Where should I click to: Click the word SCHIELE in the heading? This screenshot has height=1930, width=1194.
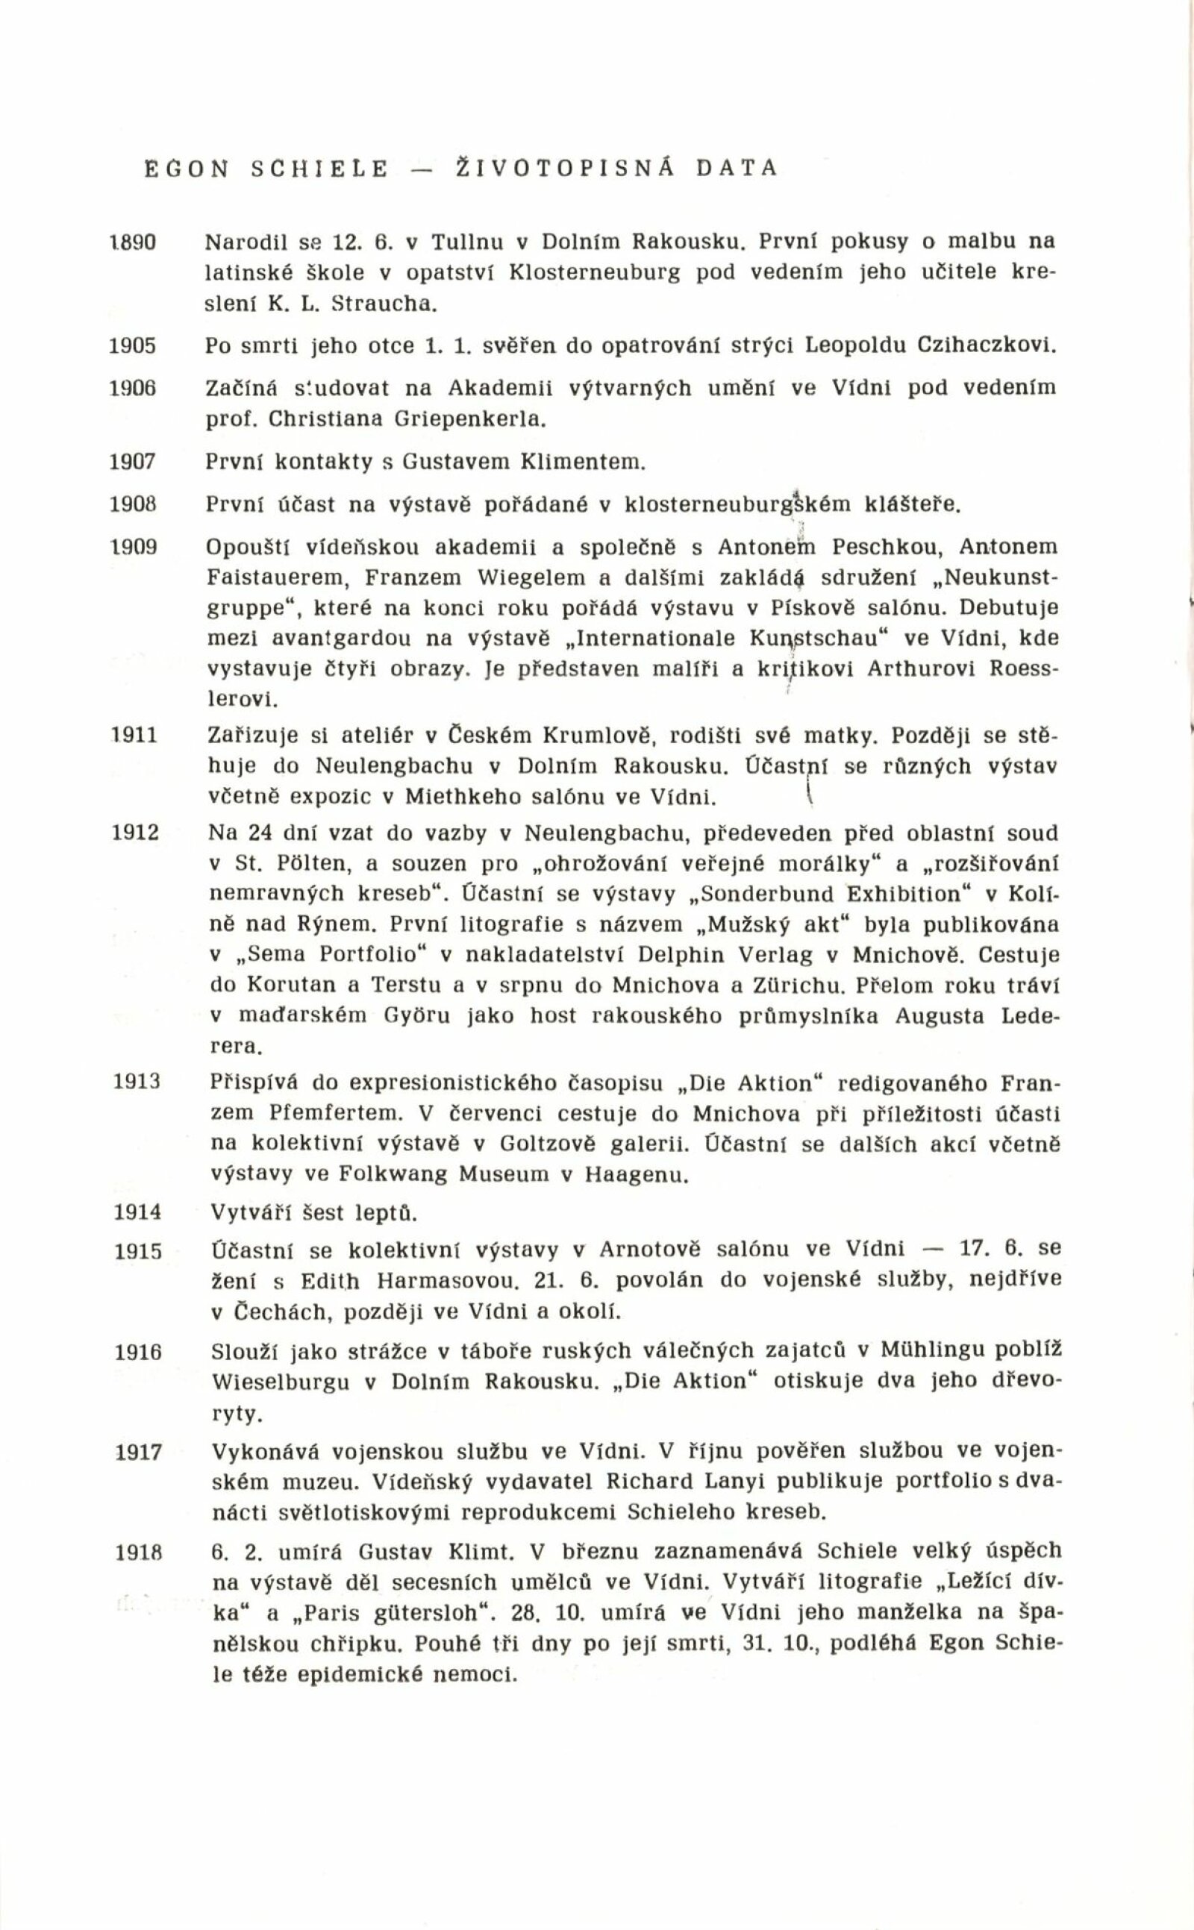click(319, 168)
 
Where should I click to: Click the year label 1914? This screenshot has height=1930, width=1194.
click(137, 1212)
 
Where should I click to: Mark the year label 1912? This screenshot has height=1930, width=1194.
click(136, 833)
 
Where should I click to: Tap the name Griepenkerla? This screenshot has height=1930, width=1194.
click(470, 419)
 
